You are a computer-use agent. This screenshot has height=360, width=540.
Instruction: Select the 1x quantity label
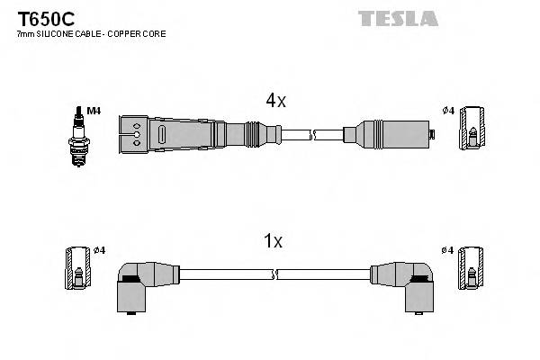click(x=273, y=241)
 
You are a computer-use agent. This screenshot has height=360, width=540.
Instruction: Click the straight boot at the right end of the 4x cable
click(x=391, y=134)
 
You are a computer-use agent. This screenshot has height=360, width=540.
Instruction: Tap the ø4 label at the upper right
click(x=448, y=111)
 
